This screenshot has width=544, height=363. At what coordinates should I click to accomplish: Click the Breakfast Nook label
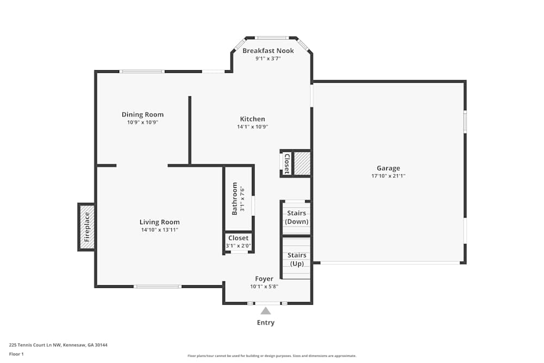click(x=268, y=51)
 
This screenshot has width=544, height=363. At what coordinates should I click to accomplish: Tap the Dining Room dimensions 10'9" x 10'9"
click(x=143, y=122)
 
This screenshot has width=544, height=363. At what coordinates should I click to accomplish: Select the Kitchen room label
click(x=252, y=119)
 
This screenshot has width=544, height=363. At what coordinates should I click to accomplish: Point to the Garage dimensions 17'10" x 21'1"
click(x=388, y=176)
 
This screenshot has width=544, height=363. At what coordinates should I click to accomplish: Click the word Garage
click(x=388, y=168)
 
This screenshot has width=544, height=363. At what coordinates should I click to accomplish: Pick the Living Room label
click(x=159, y=222)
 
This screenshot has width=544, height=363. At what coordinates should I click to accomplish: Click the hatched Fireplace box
click(x=86, y=227)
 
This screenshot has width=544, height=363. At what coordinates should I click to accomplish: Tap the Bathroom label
click(x=235, y=199)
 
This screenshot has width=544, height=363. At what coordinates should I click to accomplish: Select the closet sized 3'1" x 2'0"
click(x=238, y=242)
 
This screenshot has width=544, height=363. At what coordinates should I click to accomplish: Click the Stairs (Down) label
click(x=296, y=217)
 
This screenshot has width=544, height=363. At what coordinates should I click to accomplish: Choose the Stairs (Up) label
click(x=296, y=259)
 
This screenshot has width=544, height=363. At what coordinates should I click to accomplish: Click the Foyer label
click(x=264, y=279)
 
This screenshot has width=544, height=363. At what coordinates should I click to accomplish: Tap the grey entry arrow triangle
click(x=265, y=311)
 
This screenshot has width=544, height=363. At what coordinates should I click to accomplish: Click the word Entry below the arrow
click(x=265, y=323)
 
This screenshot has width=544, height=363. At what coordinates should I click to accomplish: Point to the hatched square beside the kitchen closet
click(x=302, y=163)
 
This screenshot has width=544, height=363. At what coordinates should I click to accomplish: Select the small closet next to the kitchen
click(x=286, y=163)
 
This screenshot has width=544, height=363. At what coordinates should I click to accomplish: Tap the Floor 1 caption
click(x=16, y=354)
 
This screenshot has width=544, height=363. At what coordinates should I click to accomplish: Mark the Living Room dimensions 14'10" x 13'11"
click(x=159, y=230)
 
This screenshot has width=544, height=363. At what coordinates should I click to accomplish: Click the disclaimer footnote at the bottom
click(x=272, y=356)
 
